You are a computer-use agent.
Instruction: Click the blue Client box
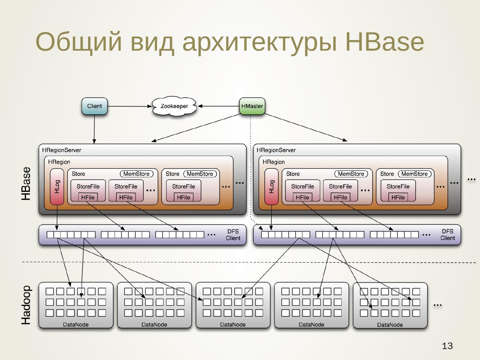(x=95, y=106)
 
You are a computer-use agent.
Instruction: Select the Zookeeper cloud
(x=174, y=106)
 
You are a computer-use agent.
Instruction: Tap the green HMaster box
(x=252, y=106)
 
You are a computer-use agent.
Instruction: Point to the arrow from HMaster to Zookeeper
(x=219, y=106)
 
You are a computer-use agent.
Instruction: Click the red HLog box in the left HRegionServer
(x=57, y=187)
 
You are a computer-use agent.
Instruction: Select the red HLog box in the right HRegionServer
(x=271, y=187)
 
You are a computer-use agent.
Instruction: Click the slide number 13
(x=447, y=346)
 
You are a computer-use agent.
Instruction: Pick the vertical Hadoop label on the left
(x=26, y=305)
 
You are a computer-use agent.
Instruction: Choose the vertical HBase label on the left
(x=26, y=184)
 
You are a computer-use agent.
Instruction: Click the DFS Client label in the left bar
(x=233, y=235)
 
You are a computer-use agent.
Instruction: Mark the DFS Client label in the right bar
(x=448, y=235)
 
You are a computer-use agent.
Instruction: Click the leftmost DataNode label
(x=76, y=325)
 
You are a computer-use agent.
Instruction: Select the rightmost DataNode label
(x=390, y=325)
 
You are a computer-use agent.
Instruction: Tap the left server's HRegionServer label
(x=62, y=150)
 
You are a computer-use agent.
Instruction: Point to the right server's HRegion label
(x=274, y=162)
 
